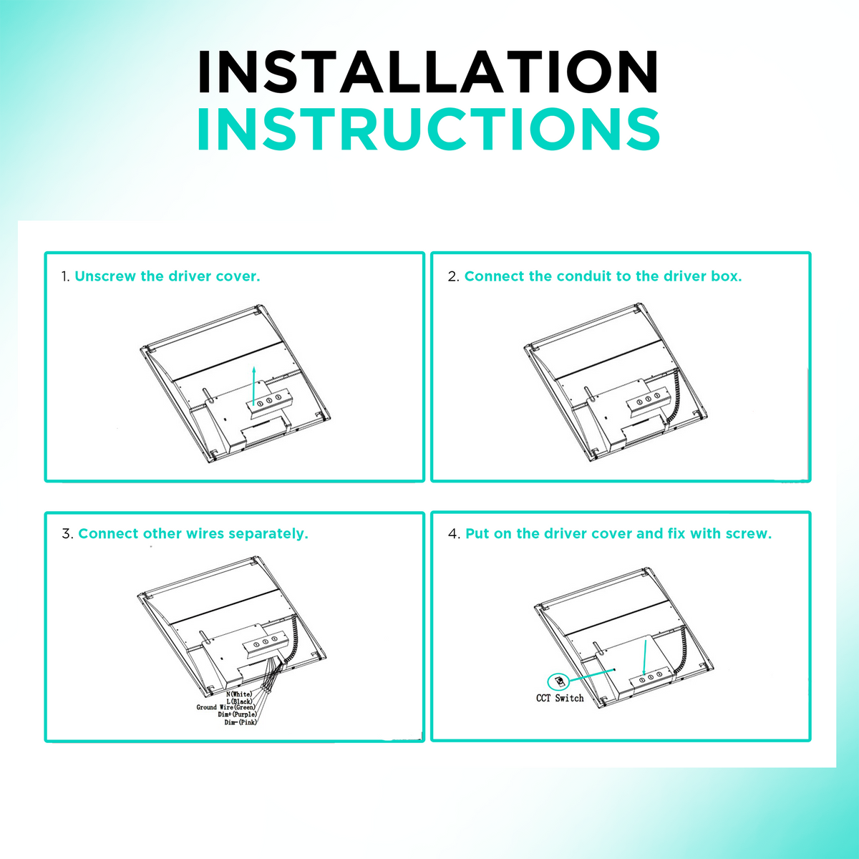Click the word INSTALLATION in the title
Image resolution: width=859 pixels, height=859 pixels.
pos(428,72)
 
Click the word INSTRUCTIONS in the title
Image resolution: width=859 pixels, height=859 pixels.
pos(428,129)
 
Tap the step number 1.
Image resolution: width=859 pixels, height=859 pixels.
pos(65,277)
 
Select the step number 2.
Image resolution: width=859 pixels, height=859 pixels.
pos(453,277)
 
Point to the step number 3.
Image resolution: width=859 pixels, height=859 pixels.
pos(67,534)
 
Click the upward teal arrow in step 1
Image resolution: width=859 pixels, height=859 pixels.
pos(253,386)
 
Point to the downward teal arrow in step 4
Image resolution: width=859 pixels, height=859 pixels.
pos(644,659)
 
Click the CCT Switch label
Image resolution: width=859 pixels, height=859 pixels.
pos(560,698)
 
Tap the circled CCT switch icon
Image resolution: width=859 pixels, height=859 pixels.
pos(558,681)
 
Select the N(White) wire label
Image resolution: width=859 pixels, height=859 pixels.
pos(239,694)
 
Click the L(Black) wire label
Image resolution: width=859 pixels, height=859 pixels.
pos(239,702)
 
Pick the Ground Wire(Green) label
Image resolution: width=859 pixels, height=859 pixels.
pos(226,707)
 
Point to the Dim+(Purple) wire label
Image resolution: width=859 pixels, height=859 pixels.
pos(237,714)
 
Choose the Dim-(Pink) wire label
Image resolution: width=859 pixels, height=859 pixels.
pos(241,722)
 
